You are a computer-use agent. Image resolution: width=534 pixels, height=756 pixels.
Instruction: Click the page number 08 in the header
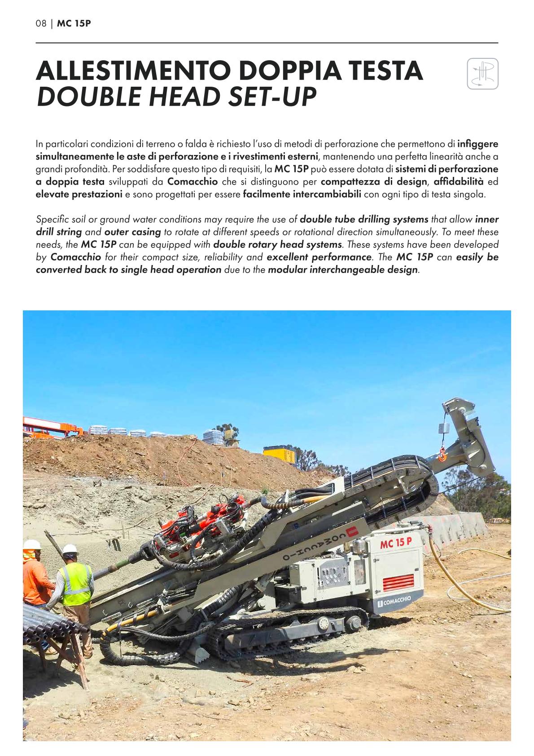41,23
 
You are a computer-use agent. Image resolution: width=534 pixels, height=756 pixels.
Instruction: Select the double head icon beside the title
482,74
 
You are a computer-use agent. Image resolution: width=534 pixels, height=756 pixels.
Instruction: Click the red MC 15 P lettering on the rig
396,544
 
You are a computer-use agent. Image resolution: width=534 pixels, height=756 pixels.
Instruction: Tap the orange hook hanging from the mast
442,456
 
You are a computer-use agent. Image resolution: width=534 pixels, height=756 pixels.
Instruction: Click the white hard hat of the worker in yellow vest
70,549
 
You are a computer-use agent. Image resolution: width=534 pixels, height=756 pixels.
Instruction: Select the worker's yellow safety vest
76,584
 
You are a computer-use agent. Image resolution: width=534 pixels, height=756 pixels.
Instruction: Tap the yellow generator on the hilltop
279,455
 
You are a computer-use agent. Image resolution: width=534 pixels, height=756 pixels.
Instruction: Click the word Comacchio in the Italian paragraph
192,181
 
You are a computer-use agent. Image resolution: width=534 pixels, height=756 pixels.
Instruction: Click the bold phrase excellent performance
319,257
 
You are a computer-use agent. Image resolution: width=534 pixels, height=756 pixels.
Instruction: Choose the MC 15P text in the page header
74,23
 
